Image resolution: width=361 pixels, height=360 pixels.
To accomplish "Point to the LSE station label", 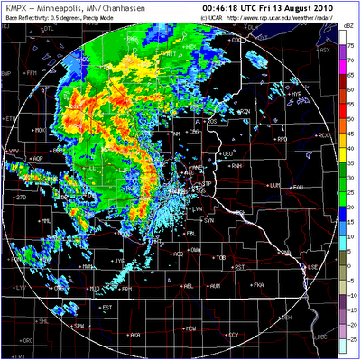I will (313, 267).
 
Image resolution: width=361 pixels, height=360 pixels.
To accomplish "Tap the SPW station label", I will (79, 325).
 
